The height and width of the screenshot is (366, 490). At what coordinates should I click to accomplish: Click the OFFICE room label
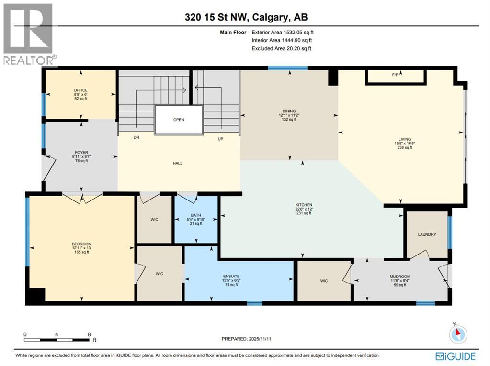coord(80,90)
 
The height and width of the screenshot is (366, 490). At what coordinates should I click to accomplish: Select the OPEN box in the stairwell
coord(178,120)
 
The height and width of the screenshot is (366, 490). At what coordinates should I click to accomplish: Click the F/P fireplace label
coord(395,75)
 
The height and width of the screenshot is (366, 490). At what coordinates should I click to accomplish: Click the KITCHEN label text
coord(303,205)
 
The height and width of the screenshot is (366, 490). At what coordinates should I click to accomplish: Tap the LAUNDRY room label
coord(426,234)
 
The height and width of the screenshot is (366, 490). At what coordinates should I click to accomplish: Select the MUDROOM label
coord(399,277)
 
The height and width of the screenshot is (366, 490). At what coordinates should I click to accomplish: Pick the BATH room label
coord(195,215)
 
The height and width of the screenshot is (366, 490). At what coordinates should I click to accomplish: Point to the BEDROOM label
coord(81,244)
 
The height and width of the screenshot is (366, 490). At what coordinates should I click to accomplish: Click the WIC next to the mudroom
coord(324,281)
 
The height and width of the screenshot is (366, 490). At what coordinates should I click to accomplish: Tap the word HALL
coord(178,163)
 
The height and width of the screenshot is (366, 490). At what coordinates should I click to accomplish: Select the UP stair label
coord(221,138)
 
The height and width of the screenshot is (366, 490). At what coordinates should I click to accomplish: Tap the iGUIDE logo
coord(455,356)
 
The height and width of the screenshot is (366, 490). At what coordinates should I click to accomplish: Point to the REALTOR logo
coord(29,33)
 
